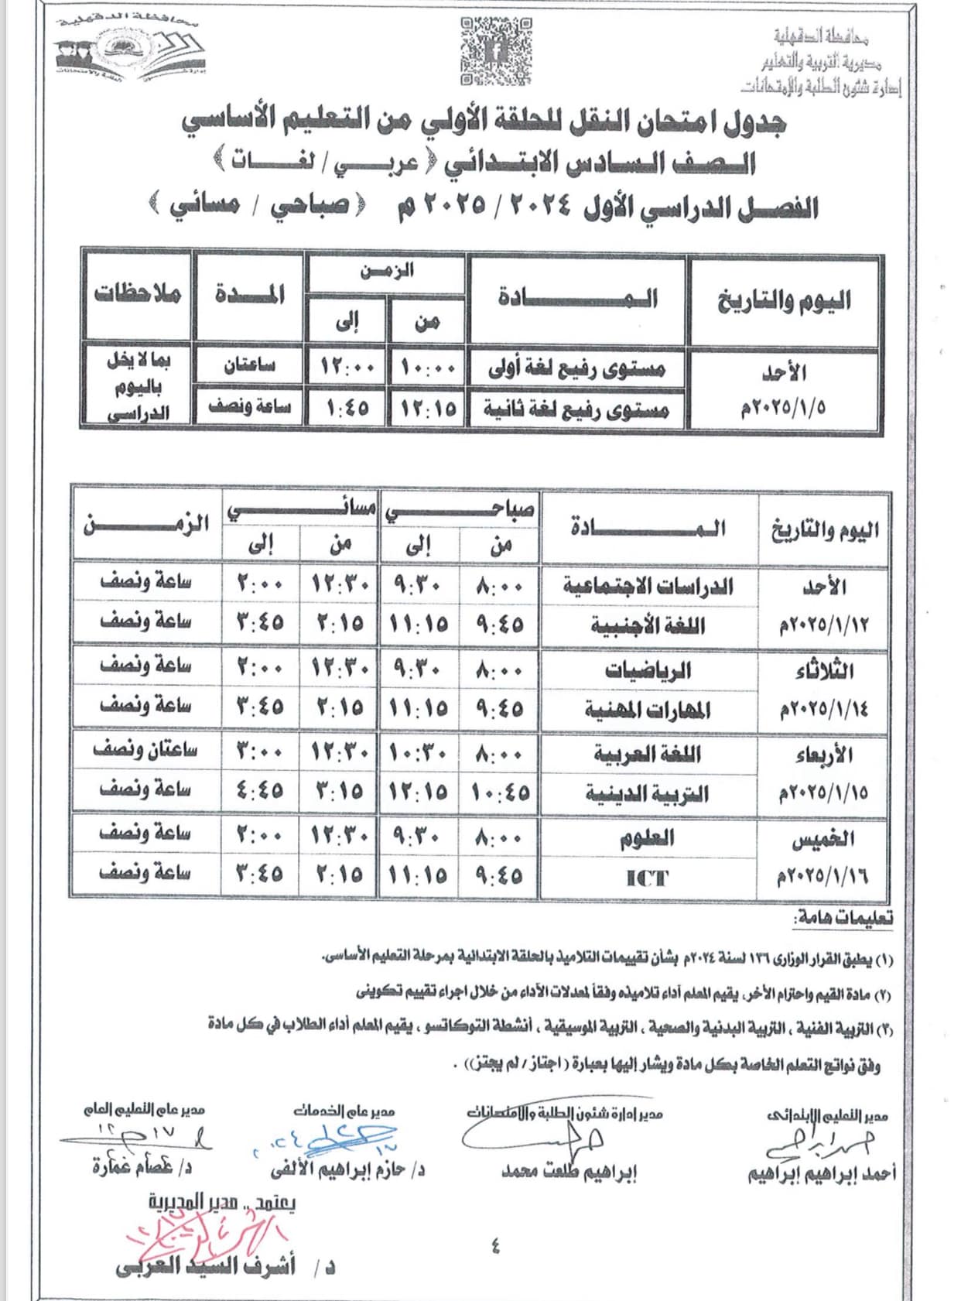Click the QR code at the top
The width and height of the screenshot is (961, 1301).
pos(496,51)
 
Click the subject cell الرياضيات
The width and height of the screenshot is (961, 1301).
pos(648,670)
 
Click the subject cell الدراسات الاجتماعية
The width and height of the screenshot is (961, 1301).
pos(648,586)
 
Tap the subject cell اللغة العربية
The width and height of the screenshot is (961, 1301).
pos(648,753)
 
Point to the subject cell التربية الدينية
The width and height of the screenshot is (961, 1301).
pos(648,793)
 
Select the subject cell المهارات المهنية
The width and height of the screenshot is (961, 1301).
pos(648,710)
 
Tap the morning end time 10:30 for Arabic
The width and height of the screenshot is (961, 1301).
pos(419,753)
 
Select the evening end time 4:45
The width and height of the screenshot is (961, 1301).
pos(260,791)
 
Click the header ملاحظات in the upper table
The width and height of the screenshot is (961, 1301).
pos(138,294)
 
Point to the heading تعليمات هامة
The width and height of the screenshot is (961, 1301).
pos(843,918)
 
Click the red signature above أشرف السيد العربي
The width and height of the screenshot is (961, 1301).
pos(205,1235)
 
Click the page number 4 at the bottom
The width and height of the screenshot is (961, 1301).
pos(495,1246)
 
